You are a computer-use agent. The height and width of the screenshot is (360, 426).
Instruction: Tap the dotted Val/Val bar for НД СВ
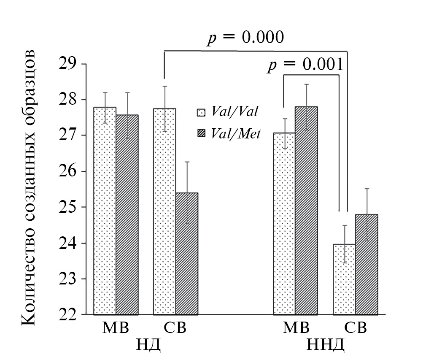pos(164,211)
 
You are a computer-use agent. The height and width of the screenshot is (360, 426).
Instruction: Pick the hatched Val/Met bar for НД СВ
pos(187,253)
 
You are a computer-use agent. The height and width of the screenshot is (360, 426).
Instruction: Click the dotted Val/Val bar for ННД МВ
pos(284,224)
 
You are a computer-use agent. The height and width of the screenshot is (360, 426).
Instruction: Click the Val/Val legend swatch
pos(201,113)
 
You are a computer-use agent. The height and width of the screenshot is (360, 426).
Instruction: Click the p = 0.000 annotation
pos(245,38)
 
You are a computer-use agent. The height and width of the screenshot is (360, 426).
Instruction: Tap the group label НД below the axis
pos(147,345)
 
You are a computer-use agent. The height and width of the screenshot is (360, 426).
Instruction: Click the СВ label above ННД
pos(355,328)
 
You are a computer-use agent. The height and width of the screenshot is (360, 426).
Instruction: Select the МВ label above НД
pos(116,328)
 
